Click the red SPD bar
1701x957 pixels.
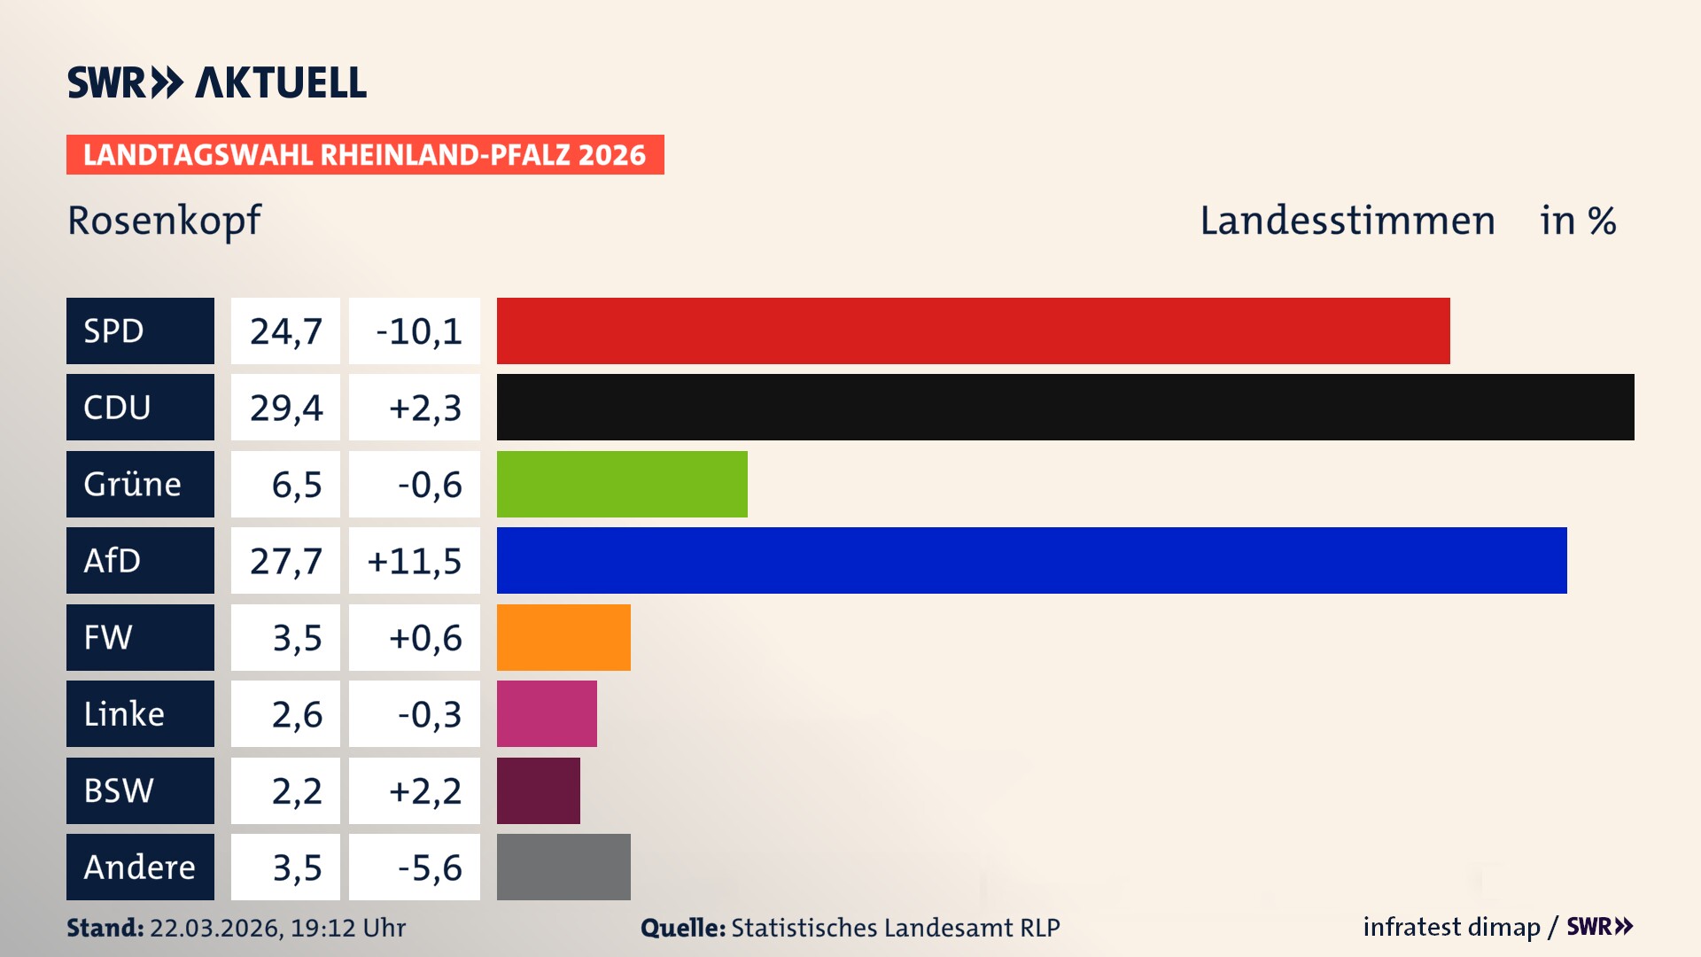[x=973, y=331]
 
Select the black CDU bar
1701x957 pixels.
[x=1065, y=407]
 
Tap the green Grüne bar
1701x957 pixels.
[x=622, y=484]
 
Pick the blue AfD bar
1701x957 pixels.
[x=1031, y=560]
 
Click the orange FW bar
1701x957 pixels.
[x=563, y=637]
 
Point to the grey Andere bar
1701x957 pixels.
[x=563, y=867]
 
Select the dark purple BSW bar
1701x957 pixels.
[x=538, y=790]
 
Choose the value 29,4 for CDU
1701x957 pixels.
[x=285, y=408]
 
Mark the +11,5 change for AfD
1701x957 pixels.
[x=415, y=561]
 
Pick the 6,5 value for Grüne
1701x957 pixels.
[x=296, y=485]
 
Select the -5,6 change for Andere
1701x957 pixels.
[x=429, y=868]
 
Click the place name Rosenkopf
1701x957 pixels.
[x=164, y=221]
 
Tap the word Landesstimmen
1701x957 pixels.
[x=1347, y=221]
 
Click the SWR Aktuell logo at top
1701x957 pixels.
[x=217, y=82]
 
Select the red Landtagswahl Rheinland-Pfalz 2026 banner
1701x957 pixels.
[x=365, y=155]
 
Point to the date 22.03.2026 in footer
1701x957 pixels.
[x=214, y=928]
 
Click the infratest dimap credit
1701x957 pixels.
[x=1451, y=927]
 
